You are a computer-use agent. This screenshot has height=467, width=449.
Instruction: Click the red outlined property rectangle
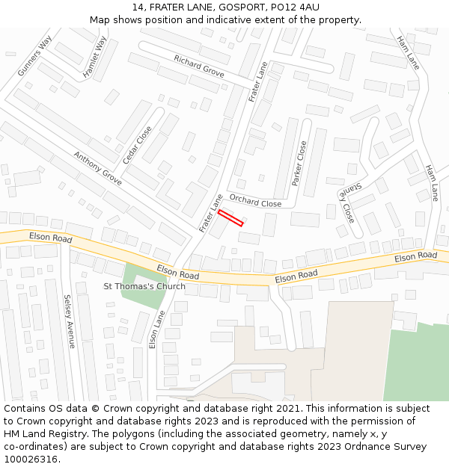click(230, 217)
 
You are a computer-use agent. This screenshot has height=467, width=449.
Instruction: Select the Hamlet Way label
click(94, 58)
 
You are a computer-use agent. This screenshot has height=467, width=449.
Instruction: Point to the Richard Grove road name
click(199, 66)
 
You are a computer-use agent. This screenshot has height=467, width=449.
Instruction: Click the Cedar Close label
click(137, 145)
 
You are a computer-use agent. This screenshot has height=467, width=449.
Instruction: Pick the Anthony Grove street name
click(97, 168)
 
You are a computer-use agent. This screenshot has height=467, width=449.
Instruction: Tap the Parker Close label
click(299, 164)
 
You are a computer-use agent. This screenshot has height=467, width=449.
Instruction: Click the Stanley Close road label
click(345, 201)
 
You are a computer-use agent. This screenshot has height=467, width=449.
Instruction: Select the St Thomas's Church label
click(144, 286)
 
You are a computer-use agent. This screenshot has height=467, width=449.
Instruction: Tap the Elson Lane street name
click(156, 330)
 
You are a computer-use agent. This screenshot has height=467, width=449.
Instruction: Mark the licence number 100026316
click(31, 460)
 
